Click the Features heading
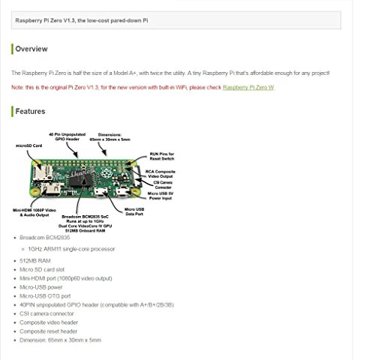(31, 112)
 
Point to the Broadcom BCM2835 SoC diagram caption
(88, 216)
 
